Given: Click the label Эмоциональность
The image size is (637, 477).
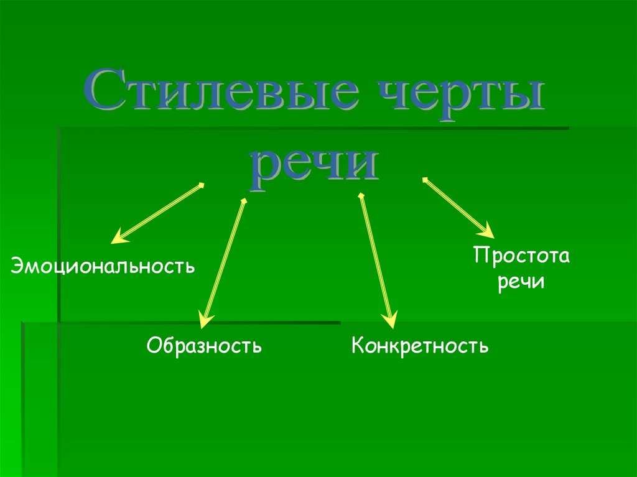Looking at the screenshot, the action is (x=103, y=267).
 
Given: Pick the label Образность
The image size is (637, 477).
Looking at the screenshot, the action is (x=204, y=344).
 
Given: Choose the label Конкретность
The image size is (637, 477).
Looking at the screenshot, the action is (x=420, y=344).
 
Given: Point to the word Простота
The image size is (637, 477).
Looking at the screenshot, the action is (x=521, y=256).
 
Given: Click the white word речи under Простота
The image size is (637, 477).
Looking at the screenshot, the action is (x=521, y=282).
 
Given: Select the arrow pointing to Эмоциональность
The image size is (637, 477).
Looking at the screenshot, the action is (x=159, y=212).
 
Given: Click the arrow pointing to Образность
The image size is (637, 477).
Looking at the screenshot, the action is (x=223, y=261).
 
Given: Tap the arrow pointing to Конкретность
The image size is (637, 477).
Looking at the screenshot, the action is (x=376, y=261).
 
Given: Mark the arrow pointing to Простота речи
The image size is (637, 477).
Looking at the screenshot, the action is (x=458, y=207).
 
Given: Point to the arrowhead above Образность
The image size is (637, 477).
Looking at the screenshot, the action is (x=203, y=320).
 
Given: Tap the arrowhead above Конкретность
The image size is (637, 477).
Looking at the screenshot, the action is (x=390, y=320).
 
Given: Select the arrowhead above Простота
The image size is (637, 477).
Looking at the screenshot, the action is (x=486, y=231).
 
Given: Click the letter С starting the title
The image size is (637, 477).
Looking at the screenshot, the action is (x=103, y=91).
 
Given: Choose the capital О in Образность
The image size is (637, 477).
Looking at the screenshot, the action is (x=154, y=344).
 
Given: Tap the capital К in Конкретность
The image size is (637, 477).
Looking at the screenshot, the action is (x=357, y=344).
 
